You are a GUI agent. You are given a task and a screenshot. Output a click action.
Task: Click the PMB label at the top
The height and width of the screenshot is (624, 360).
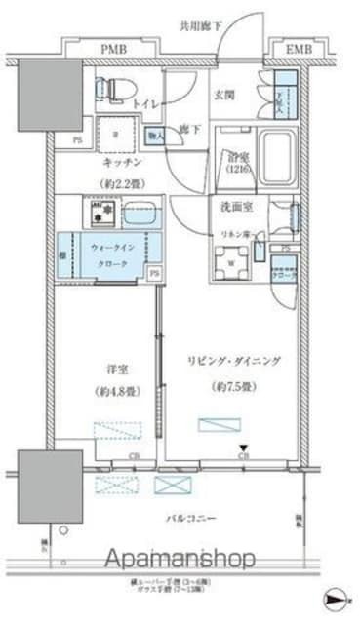116,48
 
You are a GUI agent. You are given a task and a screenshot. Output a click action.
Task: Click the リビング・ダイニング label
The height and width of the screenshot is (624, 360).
233,361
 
